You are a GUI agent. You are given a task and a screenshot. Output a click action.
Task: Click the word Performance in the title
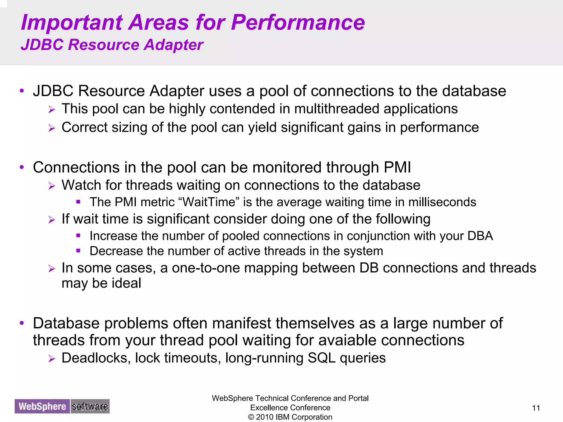[298, 23]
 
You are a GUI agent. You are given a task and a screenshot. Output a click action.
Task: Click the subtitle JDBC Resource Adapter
[112, 45]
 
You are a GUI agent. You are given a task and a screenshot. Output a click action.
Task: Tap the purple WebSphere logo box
[42, 406]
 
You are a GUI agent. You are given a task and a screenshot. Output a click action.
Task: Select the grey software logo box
[90, 406]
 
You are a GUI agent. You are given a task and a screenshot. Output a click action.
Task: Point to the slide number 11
[536, 408]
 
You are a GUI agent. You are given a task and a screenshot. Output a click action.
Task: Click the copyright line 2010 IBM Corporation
[290, 417]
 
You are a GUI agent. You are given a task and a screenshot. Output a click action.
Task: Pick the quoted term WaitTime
[209, 202]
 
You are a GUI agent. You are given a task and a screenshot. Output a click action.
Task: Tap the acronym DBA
[480, 236]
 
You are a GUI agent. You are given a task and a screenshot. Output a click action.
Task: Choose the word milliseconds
[442, 202]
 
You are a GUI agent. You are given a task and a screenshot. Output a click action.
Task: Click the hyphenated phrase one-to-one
[206, 268]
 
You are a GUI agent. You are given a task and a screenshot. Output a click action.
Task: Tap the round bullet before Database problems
[22, 323]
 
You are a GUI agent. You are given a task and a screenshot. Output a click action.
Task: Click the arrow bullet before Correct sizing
[52, 128]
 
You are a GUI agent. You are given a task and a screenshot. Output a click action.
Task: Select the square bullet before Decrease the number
[78, 251]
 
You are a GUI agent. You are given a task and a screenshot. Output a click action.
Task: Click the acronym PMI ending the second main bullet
[397, 167]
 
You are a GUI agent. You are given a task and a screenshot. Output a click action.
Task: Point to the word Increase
[113, 236]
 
